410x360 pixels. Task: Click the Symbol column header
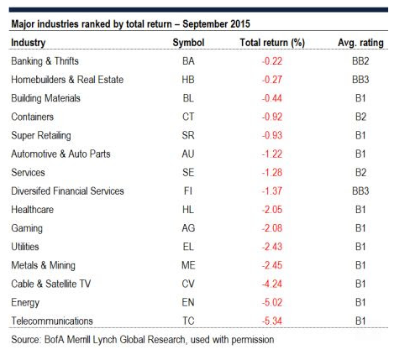click(x=188, y=43)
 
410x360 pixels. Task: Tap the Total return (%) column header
click(x=272, y=43)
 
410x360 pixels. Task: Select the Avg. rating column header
click(x=360, y=43)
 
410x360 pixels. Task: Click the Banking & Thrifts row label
click(x=45, y=61)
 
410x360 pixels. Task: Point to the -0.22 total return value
click(x=272, y=61)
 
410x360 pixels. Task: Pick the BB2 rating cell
click(x=360, y=61)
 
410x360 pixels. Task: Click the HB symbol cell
click(x=188, y=80)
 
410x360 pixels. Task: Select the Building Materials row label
click(x=45, y=98)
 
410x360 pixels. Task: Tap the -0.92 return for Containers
click(x=272, y=117)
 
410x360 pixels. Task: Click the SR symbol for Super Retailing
click(x=188, y=135)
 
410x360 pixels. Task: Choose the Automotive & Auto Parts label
click(x=60, y=154)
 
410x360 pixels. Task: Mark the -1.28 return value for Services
click(x=272, y=173)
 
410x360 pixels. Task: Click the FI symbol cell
click(x=188, y=191)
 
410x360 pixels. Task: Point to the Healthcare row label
click(x=33, y=210)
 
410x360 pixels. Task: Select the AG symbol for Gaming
click(x=188, y=228)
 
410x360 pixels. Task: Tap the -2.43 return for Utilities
click(x=272, y=247)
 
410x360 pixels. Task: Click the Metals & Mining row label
click(x=44, y=265)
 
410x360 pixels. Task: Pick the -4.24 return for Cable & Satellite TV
click(x=272, y=284)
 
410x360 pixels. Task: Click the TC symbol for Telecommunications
click(x=188, y=321)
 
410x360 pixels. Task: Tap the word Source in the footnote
click(x=26, y=340)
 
